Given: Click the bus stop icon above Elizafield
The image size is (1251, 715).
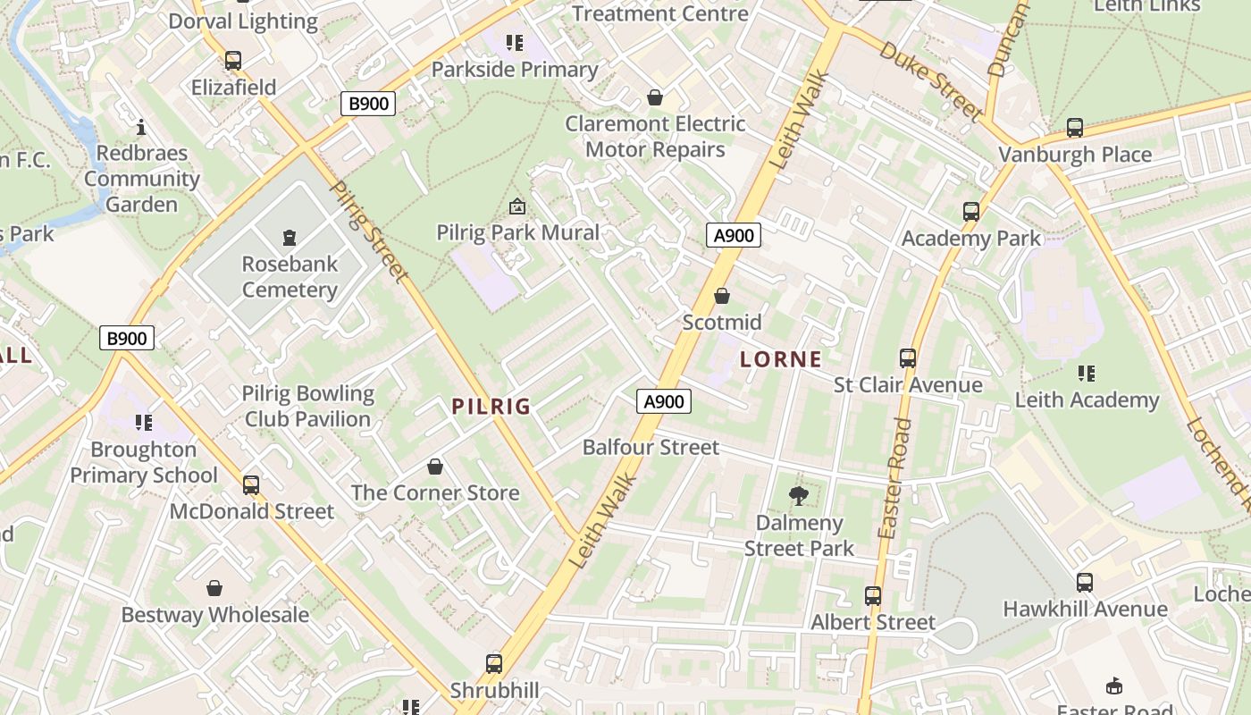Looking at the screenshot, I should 233,61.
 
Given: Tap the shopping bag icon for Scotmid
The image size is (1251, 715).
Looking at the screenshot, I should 722,296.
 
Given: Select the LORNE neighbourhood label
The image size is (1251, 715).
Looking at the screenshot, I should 781,359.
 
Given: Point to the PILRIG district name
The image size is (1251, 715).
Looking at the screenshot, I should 491,407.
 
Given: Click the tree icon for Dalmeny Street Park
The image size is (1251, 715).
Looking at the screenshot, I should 799,495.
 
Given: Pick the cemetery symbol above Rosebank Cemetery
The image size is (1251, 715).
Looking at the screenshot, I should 289,238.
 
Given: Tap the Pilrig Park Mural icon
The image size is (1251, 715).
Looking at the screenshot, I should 516,207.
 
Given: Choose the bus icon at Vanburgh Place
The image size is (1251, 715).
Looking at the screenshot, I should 1075,128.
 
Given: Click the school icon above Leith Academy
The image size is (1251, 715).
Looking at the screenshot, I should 1087,373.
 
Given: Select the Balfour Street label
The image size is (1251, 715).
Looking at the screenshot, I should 651,447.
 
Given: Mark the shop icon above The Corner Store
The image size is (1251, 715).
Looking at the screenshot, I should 435,467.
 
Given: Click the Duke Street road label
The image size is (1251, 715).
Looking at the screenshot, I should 930,80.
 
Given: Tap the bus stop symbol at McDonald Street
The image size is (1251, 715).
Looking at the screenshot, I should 251,485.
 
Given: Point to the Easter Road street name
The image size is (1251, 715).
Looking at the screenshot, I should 894,478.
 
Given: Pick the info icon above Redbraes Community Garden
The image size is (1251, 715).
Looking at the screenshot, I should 141,127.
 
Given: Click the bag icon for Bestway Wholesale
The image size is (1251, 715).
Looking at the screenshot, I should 214,588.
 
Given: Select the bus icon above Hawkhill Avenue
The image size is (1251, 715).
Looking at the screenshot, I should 1085,583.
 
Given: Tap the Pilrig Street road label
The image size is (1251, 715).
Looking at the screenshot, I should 369,231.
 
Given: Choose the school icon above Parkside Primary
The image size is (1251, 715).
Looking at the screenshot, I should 514,42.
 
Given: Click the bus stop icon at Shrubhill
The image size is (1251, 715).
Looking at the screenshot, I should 494,664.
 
